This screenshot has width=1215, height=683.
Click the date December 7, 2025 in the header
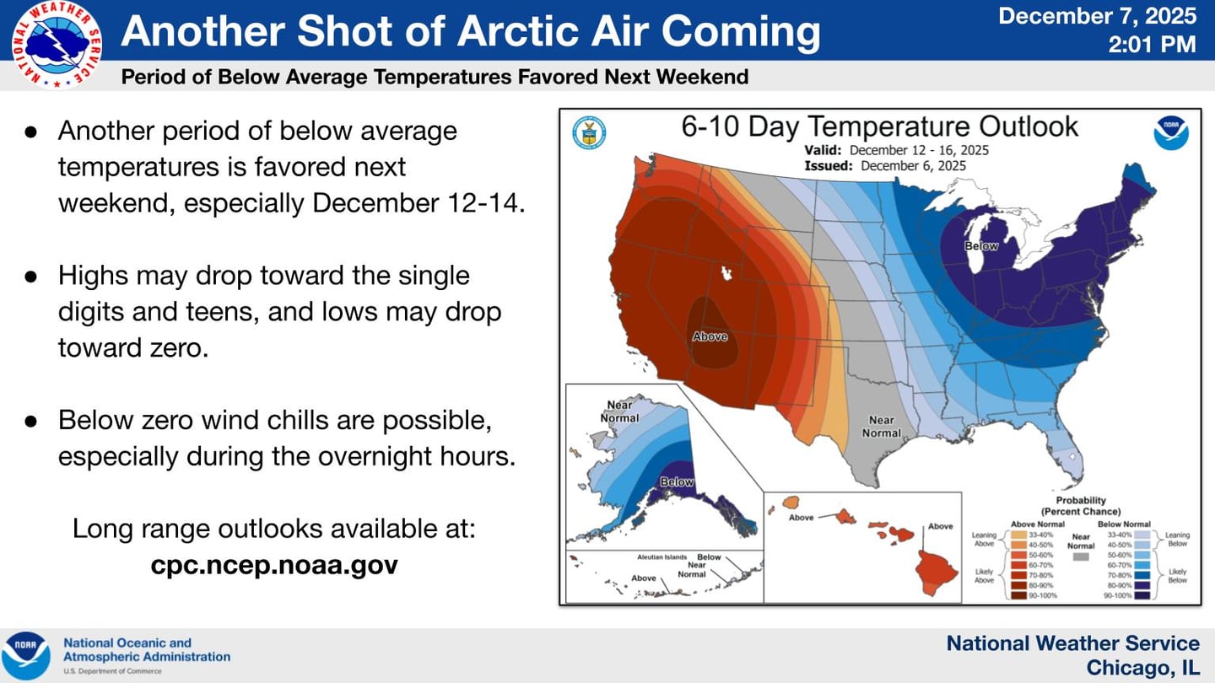click(x=1097, y=16)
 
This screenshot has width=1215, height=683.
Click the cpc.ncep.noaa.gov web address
click(x=274, y=564)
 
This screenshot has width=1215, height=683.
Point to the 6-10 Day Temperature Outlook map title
click(x=879, y=127)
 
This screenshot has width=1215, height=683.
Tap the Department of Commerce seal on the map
click(x=588, y=132)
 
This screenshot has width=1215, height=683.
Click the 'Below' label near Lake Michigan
click(x=981, y=246)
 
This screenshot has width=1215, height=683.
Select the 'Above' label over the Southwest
click(x=710, y=336)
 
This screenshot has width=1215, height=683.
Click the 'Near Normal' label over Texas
click(x=882, y=426)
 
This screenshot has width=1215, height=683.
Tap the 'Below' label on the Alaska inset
click(x=677, y=482)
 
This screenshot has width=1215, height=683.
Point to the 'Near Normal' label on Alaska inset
click(x=619, y=411)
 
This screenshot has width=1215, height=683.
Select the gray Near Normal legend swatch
click(x=1080, y=557)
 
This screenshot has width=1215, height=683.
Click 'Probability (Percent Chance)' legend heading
click(x=1081, y=505)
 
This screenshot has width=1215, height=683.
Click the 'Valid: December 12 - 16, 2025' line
click(x=897, y=150)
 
